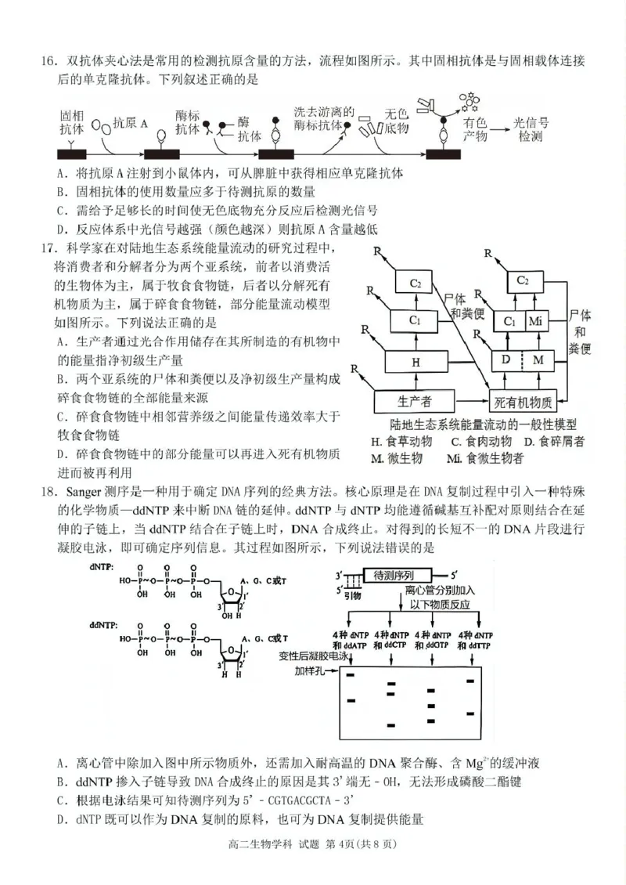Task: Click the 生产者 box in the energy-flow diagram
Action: [x=414, y=402]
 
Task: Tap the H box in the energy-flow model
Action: [x=416, y=362]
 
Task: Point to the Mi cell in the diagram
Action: [x=535, y=321]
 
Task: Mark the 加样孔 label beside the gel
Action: [x=308, y=671]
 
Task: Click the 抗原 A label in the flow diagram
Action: [x=130, y=122]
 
